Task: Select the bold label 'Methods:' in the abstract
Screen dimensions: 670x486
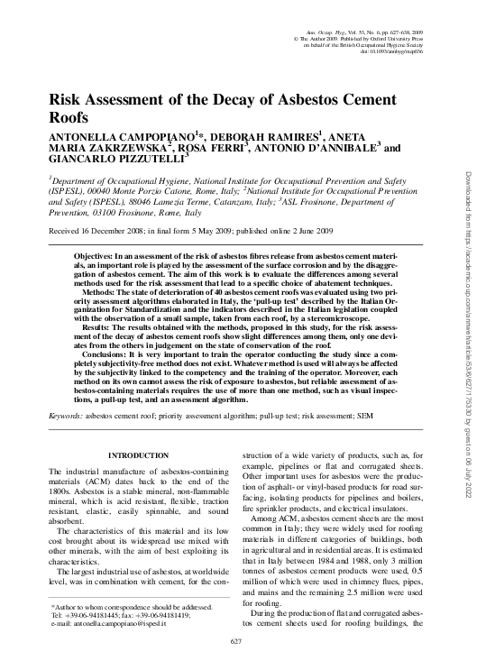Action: tap(100, 293)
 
